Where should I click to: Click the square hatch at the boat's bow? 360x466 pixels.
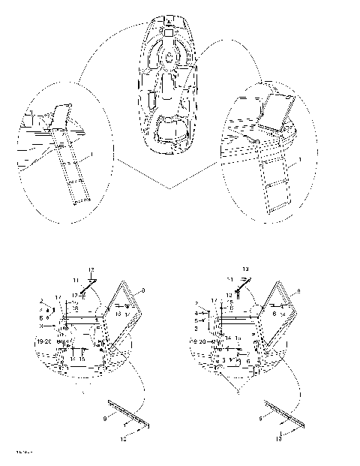click(169, 33)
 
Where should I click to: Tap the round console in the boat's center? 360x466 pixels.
click(171, 56)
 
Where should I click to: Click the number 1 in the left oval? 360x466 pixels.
click(91, 156)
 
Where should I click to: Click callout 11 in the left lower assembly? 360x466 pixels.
click(74, 279)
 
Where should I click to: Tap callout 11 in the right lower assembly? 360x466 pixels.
click(230, 279)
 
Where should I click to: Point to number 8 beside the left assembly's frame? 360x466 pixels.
click(144, 290)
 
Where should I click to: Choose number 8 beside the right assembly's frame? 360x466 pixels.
click(299, 290)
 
